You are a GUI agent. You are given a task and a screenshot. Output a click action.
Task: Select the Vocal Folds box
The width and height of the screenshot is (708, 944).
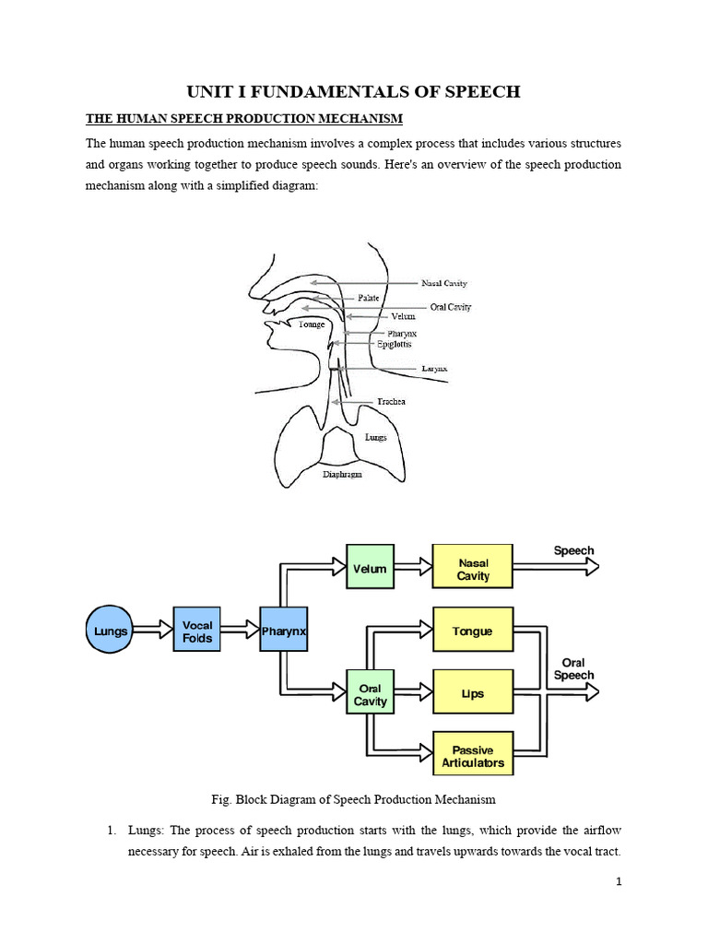click(x=197, y=631)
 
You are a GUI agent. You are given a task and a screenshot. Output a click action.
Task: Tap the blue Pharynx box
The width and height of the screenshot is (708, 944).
click(x=283, y=631)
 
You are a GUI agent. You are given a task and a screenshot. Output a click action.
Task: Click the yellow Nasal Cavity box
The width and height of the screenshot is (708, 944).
click(x=473, y=569)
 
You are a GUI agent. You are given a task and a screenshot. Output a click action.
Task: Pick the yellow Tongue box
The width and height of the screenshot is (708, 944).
click(x=473, y=631)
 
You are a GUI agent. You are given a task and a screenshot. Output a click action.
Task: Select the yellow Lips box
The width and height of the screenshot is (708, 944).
click(x=473, y=692)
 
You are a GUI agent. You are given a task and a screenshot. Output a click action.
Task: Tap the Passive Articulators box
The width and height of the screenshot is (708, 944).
click(x=473, y=756)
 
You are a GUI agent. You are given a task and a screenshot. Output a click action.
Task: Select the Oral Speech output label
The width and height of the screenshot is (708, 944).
click(x=573, y=669)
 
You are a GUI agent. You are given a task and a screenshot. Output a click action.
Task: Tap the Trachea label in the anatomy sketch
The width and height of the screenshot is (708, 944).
click(x=391, y=402)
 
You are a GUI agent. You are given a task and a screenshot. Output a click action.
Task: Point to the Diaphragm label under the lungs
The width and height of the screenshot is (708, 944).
click(x=342, y=475)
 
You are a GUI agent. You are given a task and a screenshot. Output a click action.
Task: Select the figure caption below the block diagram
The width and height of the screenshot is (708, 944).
click(x=353, y=798)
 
